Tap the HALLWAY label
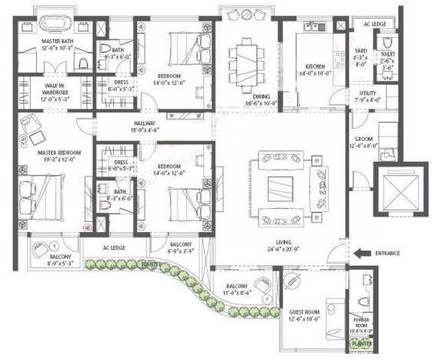(145, 123)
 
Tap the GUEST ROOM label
(304, 314)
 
